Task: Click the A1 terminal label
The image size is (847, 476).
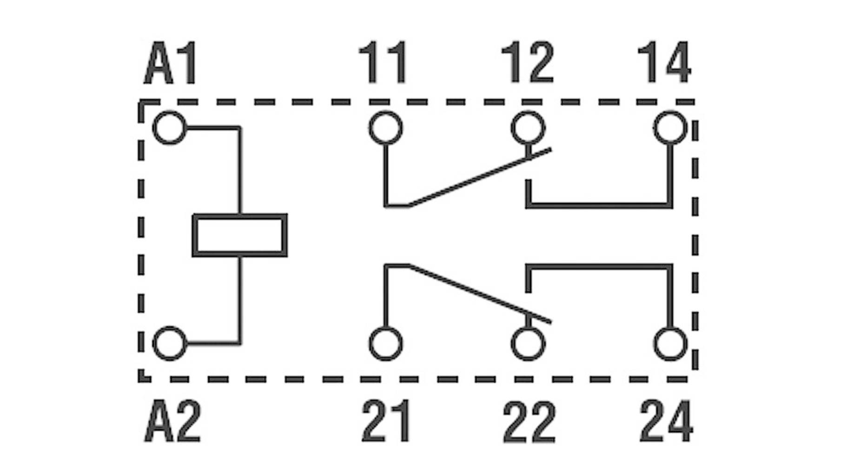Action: pos(171,63)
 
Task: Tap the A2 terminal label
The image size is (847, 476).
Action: pos(172,421)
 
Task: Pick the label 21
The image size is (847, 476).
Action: pos(386,421)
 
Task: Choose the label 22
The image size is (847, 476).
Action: pos(529,421)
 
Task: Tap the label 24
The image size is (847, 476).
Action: pos(666,421)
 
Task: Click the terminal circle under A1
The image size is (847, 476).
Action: pos(169,128)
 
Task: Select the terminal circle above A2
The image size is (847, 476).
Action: pos(169,344)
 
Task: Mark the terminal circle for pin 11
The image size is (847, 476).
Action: pos(386,128)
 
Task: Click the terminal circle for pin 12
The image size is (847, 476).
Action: pos(528,128)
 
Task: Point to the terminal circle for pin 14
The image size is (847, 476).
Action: pos(670,128)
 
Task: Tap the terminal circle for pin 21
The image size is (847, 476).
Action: pos(386,344)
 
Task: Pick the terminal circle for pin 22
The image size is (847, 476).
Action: pos(528,344)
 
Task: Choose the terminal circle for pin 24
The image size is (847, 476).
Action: pos(670,344)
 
